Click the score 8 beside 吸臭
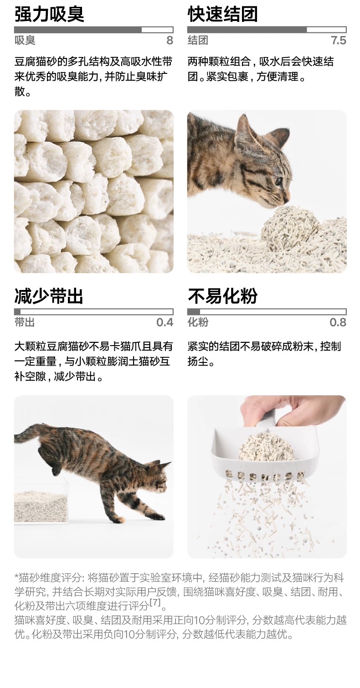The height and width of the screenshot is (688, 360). point(170,40)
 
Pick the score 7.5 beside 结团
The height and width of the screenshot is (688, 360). point(338,40)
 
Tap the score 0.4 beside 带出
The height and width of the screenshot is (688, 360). point(165,322)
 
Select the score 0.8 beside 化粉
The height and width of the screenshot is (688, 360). point(338,322)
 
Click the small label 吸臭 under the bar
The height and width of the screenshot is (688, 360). point(25,40)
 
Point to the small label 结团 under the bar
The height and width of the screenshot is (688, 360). point(198,40)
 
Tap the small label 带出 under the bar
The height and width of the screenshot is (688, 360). point(25,322)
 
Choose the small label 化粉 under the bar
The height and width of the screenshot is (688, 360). point(198,322)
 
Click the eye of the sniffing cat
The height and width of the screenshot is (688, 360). point(279,181)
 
